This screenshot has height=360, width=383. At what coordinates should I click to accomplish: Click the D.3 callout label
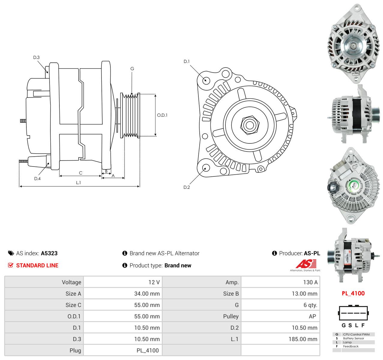click(x=36, y=57)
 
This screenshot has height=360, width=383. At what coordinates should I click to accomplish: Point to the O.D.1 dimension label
click(x=162, y=115)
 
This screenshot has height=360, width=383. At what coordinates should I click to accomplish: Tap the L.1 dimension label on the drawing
click(x=78, y=182)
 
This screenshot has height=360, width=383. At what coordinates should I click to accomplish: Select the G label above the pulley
click(x=132, y=69)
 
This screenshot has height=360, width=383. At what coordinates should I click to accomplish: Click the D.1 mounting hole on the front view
click(x=206, y=80)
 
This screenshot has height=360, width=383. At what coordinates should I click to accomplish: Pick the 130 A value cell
click(x=310, y=282)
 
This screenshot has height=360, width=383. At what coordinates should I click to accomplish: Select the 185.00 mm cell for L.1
click(x=303, y=339)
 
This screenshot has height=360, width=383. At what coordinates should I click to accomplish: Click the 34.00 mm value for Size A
click(x=147, y=293)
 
